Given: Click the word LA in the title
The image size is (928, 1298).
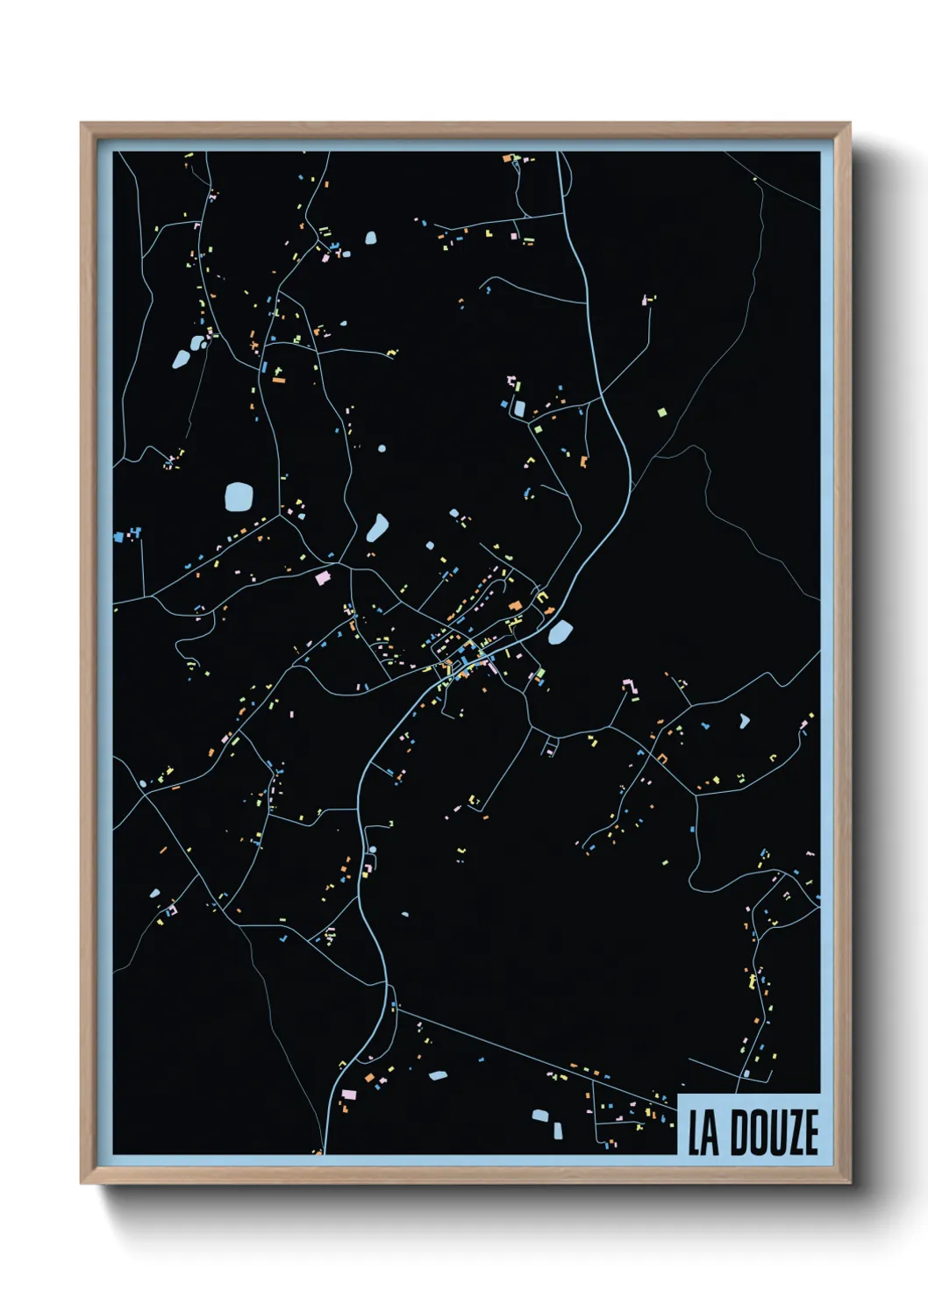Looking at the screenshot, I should (703, 1132).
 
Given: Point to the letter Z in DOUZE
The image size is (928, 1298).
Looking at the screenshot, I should (789, 1132).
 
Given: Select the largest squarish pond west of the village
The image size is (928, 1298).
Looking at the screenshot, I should (238, 496).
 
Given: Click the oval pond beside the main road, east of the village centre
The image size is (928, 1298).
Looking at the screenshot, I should (560, 631).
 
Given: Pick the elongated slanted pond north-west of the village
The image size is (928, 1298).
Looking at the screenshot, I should (377, 528).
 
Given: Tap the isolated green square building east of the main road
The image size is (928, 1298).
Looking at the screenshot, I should (662, 410).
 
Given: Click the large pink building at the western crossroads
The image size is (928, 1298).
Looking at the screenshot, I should (323, 577).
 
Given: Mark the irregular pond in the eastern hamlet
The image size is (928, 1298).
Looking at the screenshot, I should (745, 721).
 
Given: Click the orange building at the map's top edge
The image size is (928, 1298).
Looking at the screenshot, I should (506, 159).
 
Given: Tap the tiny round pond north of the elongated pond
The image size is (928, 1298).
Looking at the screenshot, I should (382, 448).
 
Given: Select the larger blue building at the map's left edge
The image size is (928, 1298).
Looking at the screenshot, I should (118, 535).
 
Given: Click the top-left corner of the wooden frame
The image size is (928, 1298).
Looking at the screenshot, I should (82, 124).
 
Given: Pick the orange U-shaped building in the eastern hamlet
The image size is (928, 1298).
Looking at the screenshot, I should (662, 758).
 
